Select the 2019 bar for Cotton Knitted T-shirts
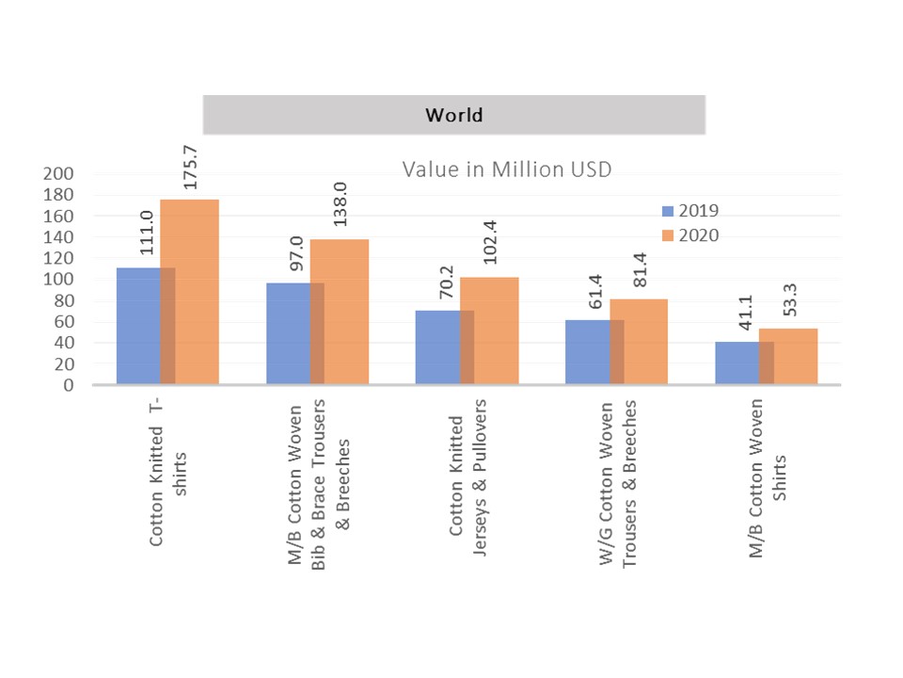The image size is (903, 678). pos(138,326)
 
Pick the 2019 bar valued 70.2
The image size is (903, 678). pos(437,347)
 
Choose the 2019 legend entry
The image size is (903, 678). pos(690,211)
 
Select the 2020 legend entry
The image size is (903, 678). pos(690,235)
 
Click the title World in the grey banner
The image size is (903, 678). pos(453,116)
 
